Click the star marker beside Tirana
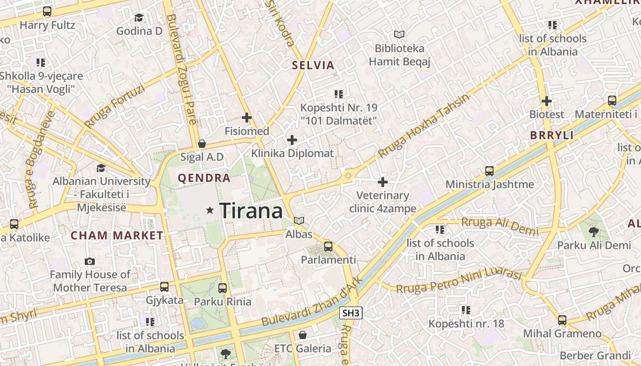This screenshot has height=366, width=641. tap(210, 210)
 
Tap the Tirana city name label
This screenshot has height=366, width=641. tap(251, 211)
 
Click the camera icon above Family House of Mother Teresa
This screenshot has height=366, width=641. tap(90, 262)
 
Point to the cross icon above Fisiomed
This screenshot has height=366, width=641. tap(247, 118)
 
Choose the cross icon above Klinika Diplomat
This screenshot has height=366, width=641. tap(292, 140)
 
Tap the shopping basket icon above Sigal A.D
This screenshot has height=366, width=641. tap(201, 144)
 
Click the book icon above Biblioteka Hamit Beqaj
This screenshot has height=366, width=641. tap(400, 34)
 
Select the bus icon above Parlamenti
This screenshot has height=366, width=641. tap(328, 247)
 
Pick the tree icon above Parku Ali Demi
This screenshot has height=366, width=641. tap(594, 231)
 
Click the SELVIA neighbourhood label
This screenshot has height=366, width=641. tap(314, 65)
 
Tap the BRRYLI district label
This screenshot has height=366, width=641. tap(552, 135)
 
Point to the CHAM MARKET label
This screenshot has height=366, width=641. tap(117, 236)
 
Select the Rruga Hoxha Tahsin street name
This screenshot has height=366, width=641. tap(424, 127)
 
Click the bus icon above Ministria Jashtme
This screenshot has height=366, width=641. tap(489, 171)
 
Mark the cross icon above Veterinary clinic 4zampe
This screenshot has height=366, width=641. tap(383, 183)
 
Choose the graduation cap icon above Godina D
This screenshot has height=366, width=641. tap(139, 18)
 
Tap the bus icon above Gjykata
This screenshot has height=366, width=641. tap(164, 287)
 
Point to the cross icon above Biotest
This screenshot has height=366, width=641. tap(547, 101)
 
